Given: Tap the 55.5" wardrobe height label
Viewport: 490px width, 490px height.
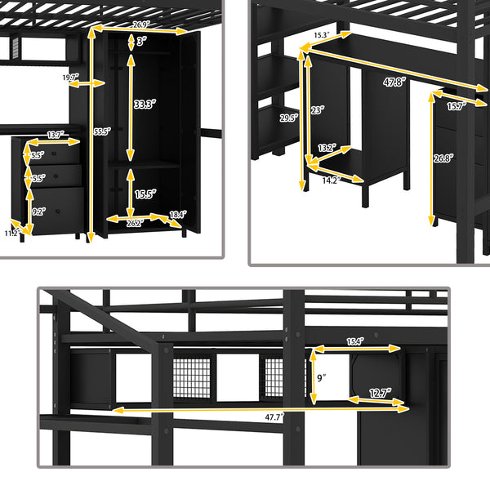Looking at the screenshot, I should click(101, 131).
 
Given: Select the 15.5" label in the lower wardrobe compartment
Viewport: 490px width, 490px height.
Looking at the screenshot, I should click(145, 194).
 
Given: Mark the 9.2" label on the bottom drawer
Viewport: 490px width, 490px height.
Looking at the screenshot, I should click(38, 210).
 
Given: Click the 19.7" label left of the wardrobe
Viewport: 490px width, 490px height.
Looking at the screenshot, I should click(72, 78).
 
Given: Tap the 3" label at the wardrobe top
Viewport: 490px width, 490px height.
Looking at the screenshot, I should click(140, 41).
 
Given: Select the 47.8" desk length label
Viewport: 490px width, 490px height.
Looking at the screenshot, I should click(395, 82).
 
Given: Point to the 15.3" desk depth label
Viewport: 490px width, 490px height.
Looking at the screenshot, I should click(321, 35).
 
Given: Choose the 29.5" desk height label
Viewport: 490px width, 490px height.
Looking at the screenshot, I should click(289, 118).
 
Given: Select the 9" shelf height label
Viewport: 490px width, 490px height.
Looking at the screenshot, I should click(322, 377).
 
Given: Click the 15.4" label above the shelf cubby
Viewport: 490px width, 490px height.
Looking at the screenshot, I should click(354, 341).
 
